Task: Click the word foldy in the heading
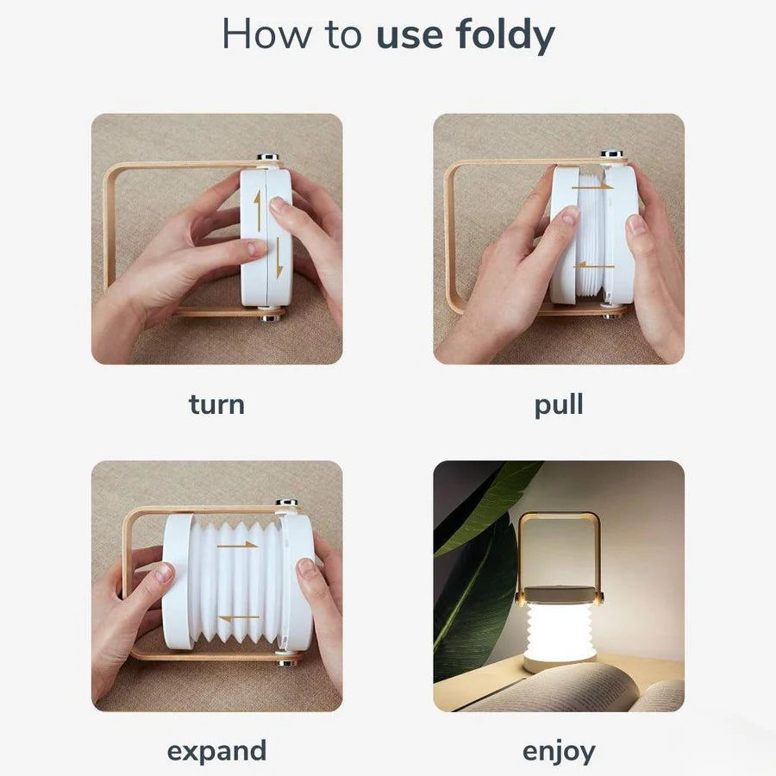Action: tap(504, 34)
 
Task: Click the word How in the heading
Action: tap(266, 34)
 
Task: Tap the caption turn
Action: tap(216, 404)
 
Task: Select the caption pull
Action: tap(559, 405)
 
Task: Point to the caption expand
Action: tap(216, 752)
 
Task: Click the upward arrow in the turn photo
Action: tap(257, 211)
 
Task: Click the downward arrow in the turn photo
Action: tap(279, 257)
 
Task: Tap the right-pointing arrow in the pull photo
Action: tap(592, 186)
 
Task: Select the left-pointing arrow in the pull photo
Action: tap(594, 266)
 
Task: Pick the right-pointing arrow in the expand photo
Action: tap(238, 545)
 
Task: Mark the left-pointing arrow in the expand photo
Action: tap(239, 617)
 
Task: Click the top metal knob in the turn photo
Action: tap(268, 157)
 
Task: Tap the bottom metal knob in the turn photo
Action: tap(272, 317)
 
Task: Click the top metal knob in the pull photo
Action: tap(611, 153)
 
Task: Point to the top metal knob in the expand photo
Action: tap(287, 503)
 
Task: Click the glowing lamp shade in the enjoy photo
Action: tap(560, 628)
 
